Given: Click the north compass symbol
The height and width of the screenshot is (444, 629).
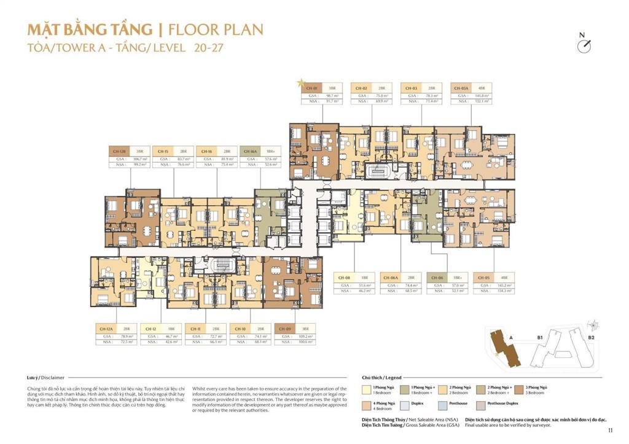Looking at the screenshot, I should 584,45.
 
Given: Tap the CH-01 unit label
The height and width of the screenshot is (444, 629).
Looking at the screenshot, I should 311,88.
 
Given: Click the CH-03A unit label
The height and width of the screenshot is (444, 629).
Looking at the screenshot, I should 461,88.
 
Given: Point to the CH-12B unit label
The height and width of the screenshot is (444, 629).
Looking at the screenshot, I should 119,150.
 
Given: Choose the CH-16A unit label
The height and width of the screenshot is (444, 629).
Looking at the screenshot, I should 250,150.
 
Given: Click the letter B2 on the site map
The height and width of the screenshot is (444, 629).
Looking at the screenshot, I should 591,337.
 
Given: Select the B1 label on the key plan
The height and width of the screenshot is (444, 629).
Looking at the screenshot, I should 539,337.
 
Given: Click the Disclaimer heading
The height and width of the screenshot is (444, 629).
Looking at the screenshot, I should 46,378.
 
